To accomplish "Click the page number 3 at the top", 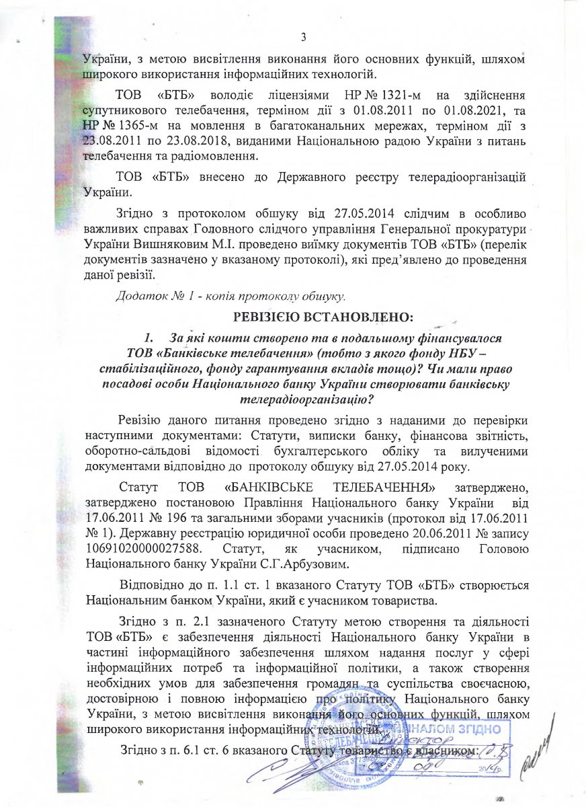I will [303, 36].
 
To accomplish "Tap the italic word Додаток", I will [139, 295].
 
